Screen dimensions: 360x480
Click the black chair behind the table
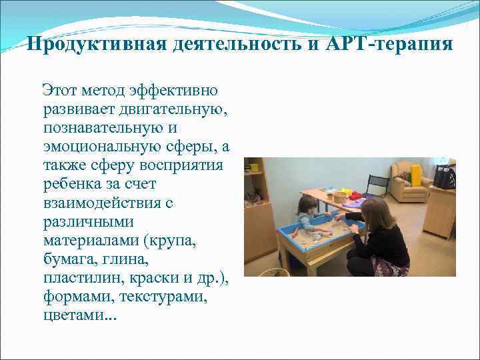pyautogui.click(x=377, y=183)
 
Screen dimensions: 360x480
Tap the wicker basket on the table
pyautogui.click(x=340, y=196)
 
